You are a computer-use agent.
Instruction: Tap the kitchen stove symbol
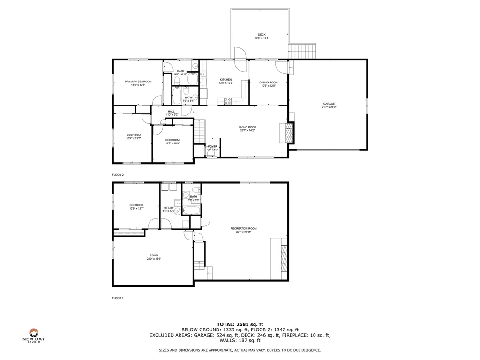[x=228, y=100]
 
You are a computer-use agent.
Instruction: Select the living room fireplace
[x=287, y=133]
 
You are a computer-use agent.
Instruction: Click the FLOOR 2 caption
[x=118, y=175]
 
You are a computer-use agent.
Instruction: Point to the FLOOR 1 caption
[x=118, y=298]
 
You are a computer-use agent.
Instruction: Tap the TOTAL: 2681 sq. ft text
[x=240, y=324]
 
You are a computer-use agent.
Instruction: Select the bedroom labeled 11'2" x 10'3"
[x=172, y=142]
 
